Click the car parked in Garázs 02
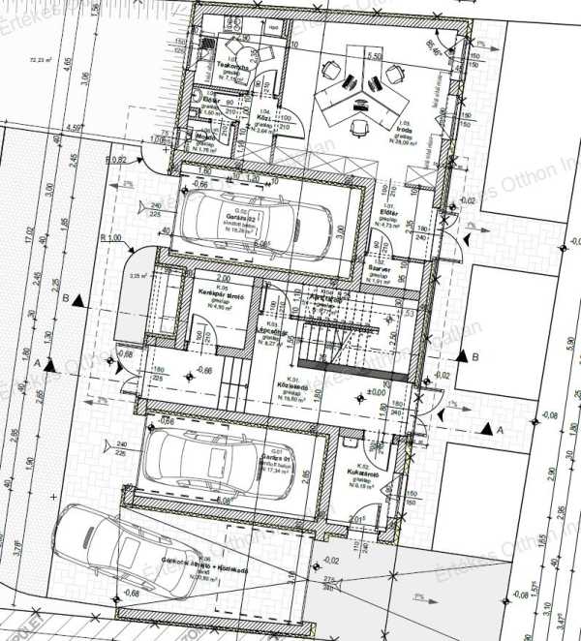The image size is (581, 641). [242, 217]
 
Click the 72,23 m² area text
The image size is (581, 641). [40, 59]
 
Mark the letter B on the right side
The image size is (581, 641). [474, 355]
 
